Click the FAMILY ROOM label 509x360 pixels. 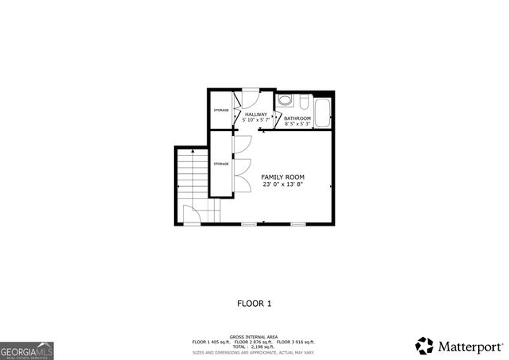coord(283,176)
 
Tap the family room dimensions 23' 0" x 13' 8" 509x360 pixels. coord(283,184)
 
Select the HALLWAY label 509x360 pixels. coord(256,114)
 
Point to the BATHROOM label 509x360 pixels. coord(297,118)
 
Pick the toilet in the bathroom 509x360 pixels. coord(304,102)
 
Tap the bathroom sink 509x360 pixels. coord(285,102)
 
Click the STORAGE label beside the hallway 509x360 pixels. coord(221,110)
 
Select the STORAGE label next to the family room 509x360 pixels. coord(221,164)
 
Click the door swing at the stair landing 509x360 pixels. coord(193,215)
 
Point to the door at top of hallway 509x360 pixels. coord(248,99)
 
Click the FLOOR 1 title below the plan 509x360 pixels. coord(254,303)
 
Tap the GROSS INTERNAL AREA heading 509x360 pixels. coord(254,337)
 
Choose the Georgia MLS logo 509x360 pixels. coord(27,350)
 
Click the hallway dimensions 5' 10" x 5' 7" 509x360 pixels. coord(256,120)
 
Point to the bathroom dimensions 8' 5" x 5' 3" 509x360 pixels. coord(297,124)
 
